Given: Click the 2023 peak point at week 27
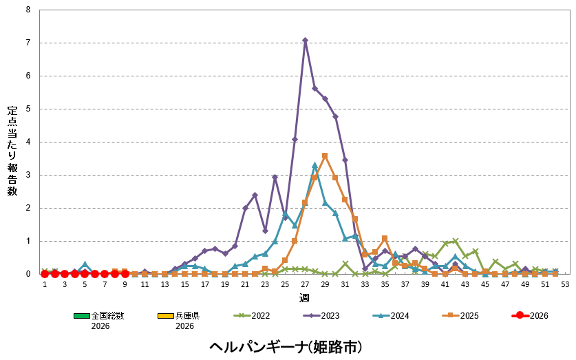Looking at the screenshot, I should [x=305, y=40].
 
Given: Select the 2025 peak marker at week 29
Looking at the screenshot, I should [x=325, y=156].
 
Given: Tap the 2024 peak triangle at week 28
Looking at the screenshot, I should [x=314, y=165].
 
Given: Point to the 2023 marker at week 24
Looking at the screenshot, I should [x=275, y=177].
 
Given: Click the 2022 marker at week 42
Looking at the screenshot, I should [x=455, y=241].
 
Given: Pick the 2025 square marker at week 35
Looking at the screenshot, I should [x=385, y=238].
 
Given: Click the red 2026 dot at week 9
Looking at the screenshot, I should [x=125, y=273].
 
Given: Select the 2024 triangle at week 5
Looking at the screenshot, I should [x=85, y=264].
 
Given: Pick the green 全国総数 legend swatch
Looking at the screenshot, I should [x=82, y=316].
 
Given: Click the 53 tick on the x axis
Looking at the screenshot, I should [x=565, y=284].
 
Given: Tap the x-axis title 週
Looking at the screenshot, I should [x=304, y=297].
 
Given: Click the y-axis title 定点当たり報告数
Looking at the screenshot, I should [x=12, y=151].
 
